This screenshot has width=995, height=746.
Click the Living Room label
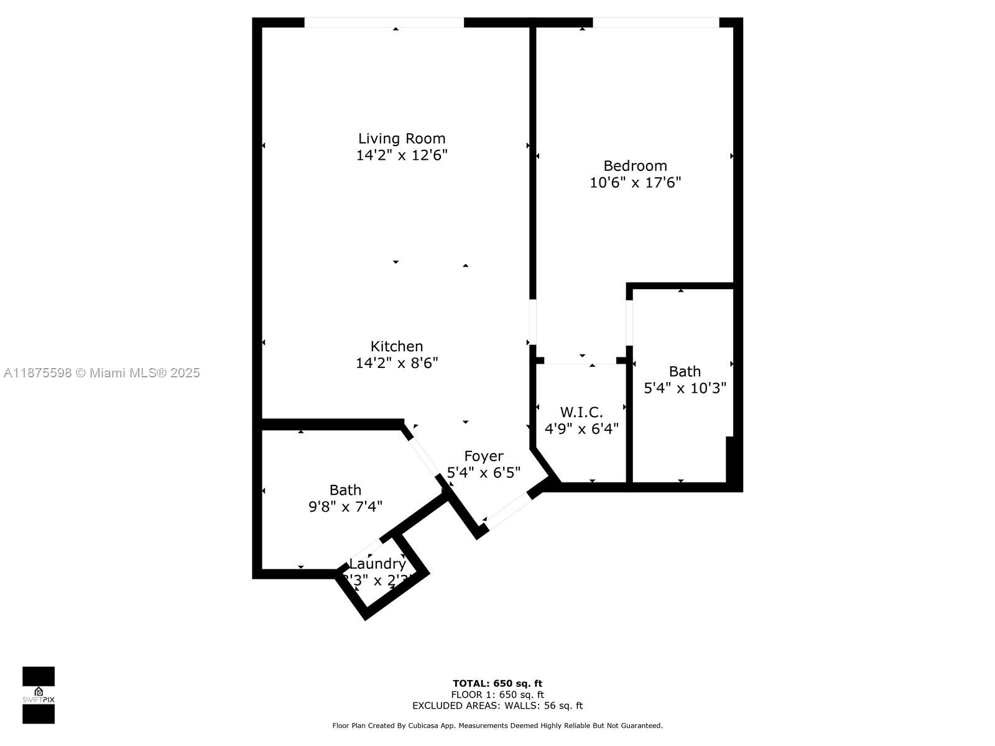(402, 138)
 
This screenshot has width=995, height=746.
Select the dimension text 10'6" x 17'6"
(635, 183)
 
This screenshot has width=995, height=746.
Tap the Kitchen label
(397, 346)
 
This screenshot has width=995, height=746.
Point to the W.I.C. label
(581, 412)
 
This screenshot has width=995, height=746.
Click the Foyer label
(484, 456)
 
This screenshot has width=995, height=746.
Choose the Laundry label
(377, 564)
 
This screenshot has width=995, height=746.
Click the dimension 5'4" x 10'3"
(685, 388)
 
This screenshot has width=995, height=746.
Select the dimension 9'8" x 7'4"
(345, 507)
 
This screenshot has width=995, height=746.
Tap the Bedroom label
(635, 166)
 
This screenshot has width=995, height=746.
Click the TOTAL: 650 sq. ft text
(497, 684)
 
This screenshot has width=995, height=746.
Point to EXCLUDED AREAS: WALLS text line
(497, 706)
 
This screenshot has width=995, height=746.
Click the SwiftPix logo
(39, 695)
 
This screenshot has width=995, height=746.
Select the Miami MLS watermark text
(101, 373)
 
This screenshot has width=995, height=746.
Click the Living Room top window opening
(384, 23)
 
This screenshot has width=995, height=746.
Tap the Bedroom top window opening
(655, 23)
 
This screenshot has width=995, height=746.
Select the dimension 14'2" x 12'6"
(402, 155)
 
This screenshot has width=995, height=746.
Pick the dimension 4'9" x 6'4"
(581, 429)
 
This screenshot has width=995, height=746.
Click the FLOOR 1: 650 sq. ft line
(497, 695)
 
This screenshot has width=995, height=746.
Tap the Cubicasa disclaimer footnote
(497, 725)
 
